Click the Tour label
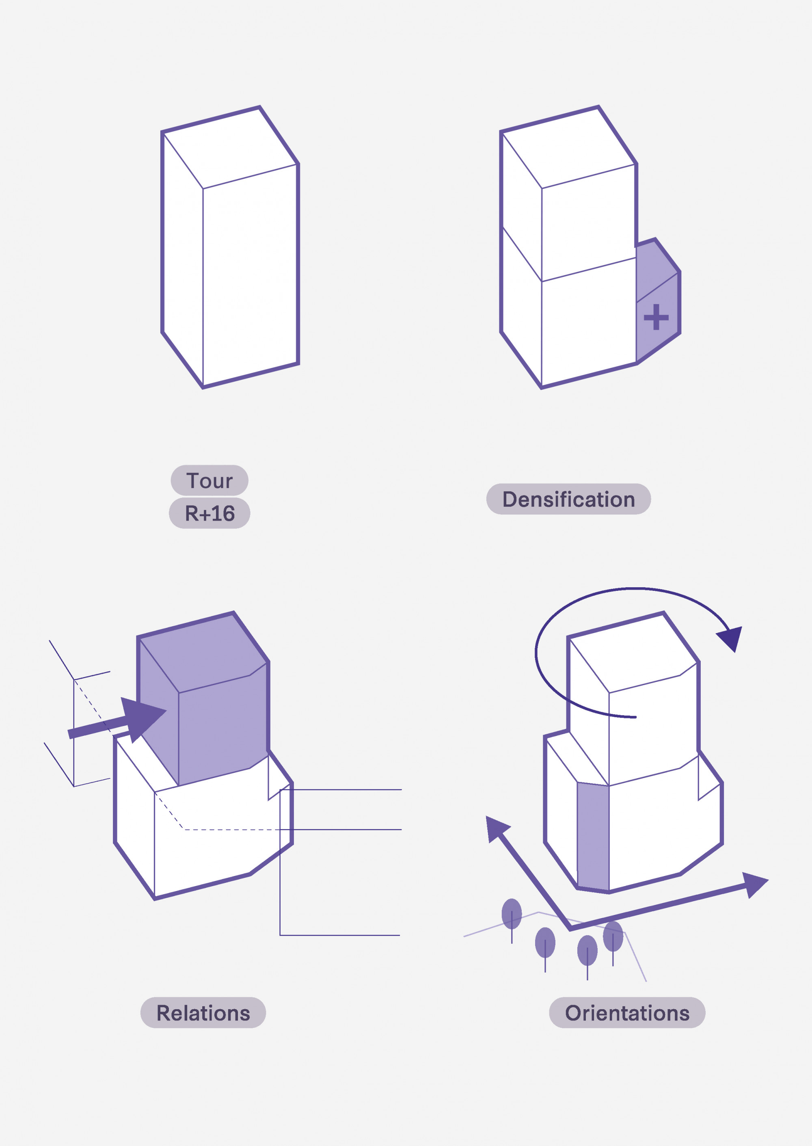point(209,480)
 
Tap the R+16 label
point(209,513)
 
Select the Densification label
point(568,499)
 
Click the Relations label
point(203,1013)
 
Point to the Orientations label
point(627,1013)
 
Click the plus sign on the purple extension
point(656,317)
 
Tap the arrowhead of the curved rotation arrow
point(730,638)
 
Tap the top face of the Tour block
point(230,148)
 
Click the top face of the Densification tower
point(569,148)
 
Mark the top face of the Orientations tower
point(633,653)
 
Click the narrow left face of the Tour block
point(183,260)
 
